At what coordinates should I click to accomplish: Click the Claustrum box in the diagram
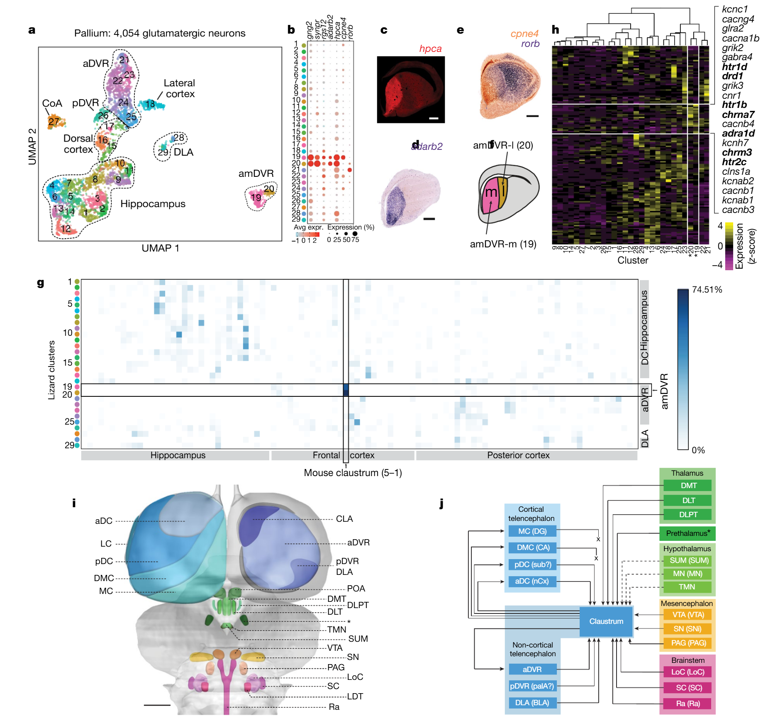point(606,621)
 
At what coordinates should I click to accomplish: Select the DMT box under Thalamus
point(688,485)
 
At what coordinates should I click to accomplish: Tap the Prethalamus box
point(688,533)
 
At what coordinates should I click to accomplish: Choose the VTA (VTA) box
point(688,615)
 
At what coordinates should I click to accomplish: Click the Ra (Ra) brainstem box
point(688,704)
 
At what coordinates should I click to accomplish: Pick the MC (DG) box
point(532,531)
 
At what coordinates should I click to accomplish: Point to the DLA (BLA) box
point(532,703)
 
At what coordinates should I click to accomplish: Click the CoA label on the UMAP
point(52,103)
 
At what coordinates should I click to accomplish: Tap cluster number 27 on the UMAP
point(54,122)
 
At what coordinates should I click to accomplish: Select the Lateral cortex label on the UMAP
point(179,88)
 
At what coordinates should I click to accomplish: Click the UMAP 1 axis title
point(160,248)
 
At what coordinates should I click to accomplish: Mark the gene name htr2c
point(734,162)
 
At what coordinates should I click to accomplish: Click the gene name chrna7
point(738,115)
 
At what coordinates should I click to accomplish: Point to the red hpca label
point(430,49)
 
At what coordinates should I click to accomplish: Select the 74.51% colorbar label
point(707,290)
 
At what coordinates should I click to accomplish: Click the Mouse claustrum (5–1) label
point(353,473)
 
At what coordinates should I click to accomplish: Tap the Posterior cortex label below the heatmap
point(518,455)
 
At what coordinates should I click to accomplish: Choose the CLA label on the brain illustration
point(344,519)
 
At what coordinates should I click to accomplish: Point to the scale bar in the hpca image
point(434,118)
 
